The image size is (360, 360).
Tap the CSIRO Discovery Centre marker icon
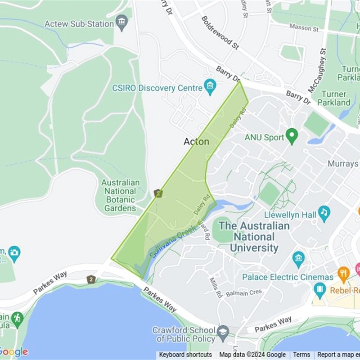click(x=210, y=86)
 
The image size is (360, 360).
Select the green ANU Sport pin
click(x=292, y=135)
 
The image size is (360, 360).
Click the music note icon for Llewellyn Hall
click(x=324, y=212)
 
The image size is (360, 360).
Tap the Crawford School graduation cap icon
click(x=222, y=333)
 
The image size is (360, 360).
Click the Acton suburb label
click(x=196, y=141)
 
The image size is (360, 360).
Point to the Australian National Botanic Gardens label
click(x=120, y=195)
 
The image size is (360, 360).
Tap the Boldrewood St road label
click(x=220, y=32)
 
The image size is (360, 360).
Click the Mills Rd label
click(x=216, y=287)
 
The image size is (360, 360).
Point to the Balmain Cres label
click(x=243, y=293)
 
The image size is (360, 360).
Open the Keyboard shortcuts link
click(x=185, y=355)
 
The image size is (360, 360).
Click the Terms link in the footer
click(x=302, y=355)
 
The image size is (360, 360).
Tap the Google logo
click(x=13, y=351)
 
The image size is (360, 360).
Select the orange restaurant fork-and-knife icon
click(x=343, y=273)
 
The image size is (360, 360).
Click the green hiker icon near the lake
click(x=17, y=319)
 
